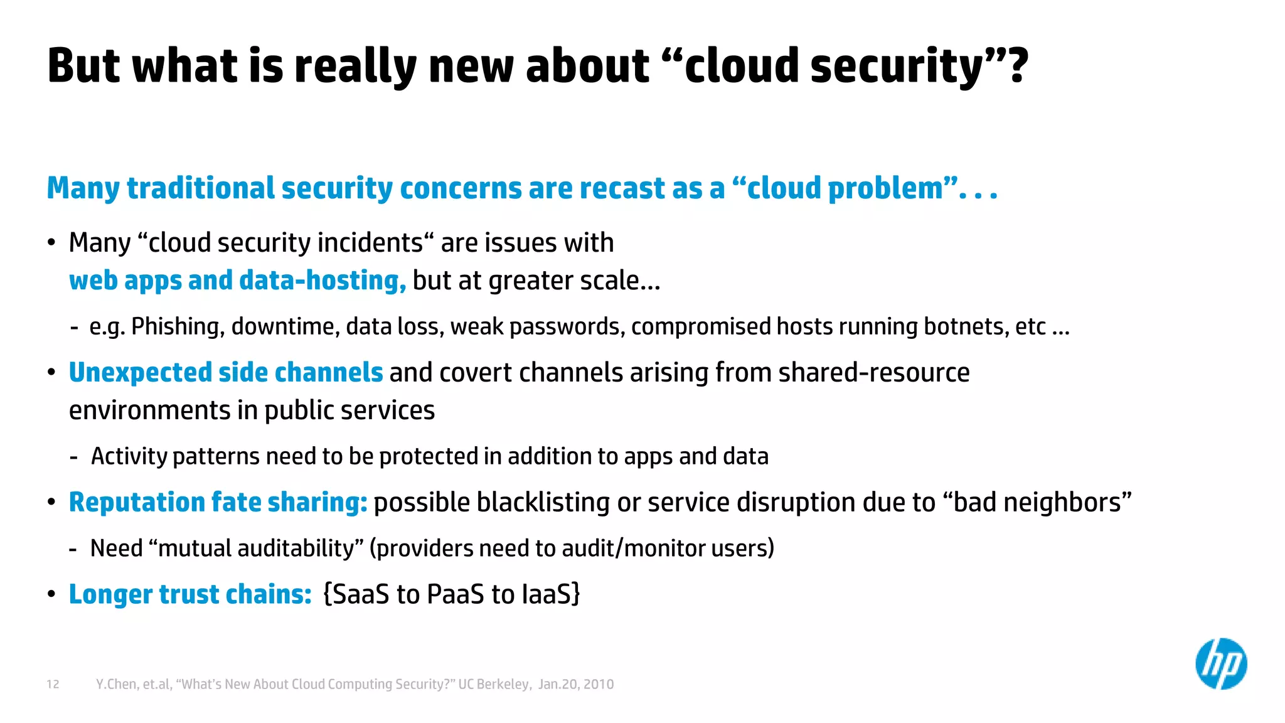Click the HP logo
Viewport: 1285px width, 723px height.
(1220, 664)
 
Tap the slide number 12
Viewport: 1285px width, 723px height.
(53, 684)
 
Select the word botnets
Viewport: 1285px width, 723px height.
(966, 327)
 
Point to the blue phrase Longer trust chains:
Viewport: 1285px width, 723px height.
(190, 594)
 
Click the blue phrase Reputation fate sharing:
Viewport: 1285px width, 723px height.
(218, 503)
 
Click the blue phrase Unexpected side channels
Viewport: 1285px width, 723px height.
(226, 373)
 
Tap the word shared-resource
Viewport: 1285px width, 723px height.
(873, 373)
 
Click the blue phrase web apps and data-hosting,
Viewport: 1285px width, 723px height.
(237, 281)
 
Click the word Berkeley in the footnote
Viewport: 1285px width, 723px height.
(503, 684)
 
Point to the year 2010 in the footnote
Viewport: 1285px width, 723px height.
(599, 684)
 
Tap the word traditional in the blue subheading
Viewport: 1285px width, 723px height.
(201, 188)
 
